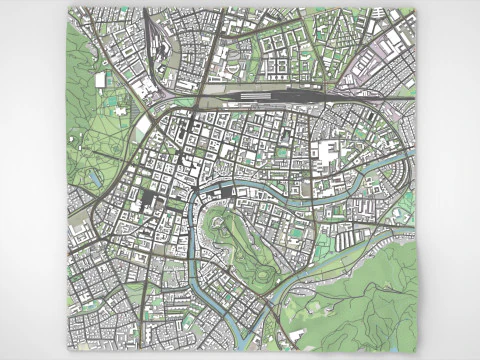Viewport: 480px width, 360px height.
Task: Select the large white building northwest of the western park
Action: (x=100, y=79)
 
